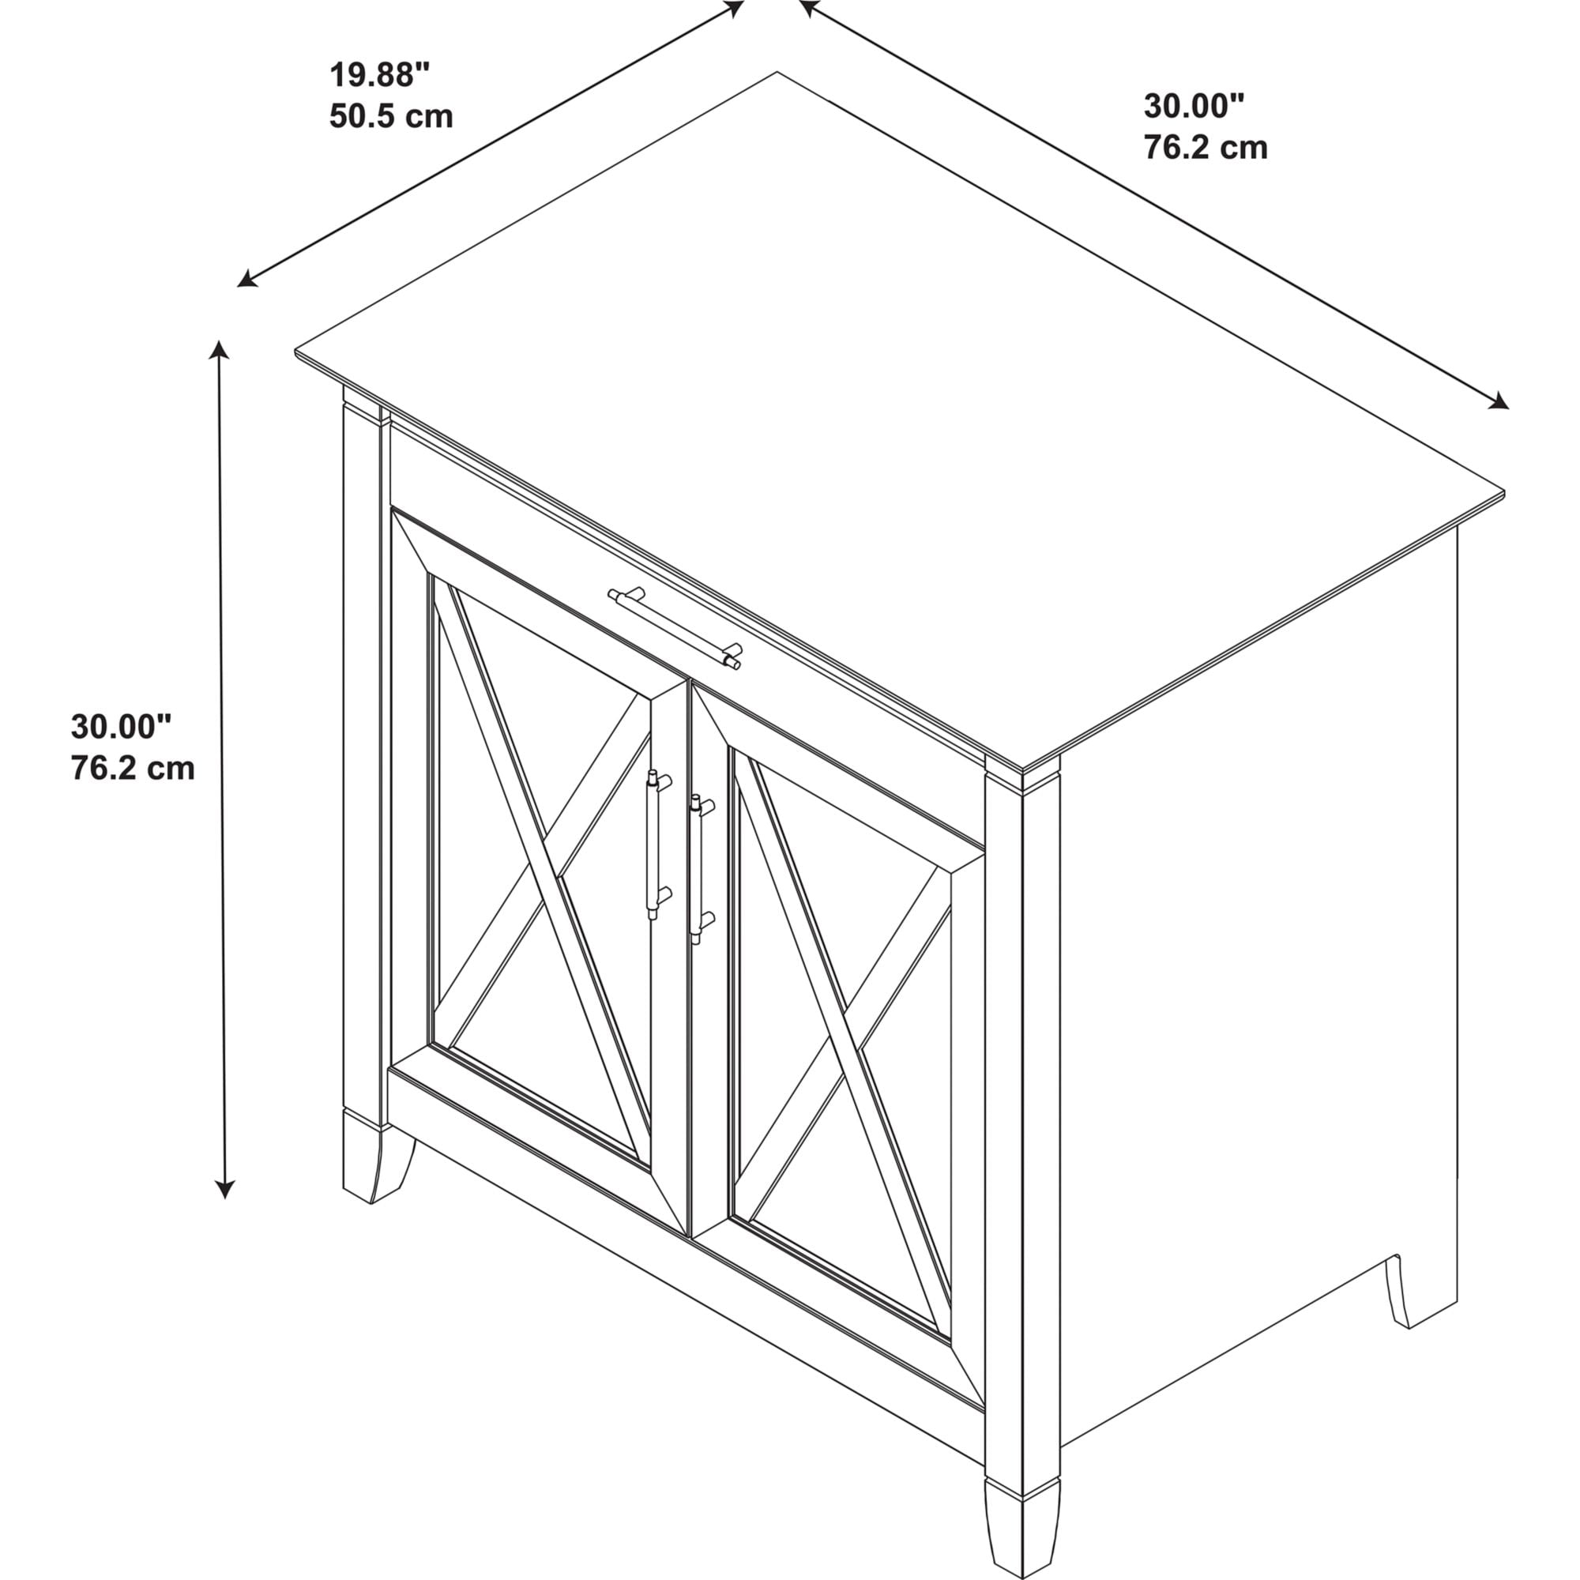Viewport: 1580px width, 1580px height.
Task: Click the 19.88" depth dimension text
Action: pyautogui.click(x=379, y=75)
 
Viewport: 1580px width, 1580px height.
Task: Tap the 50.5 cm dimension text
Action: pyautogui.click(x=391, y=116)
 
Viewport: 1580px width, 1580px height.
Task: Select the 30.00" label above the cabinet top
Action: pyautogui.click(x=1193, y=107)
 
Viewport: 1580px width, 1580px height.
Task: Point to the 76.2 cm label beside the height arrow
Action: pyautogui.click(x=133, y=768)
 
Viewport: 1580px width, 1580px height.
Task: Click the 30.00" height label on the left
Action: pyautogui.click(x=121, y=726)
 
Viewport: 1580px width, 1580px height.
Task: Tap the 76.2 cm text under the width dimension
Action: pyautogui.click(x=1206, y=147)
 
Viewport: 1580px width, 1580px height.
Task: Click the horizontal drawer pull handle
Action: pyautogui.click(x=675, y=628)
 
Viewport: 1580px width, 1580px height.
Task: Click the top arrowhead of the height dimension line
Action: pyautogui.click(x=217, y=349)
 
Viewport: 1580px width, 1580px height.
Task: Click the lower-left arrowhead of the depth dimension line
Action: pyautogui.click(x=246, y=280)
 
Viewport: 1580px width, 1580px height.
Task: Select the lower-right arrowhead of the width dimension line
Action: pyautogui.click(x=1498, y=400)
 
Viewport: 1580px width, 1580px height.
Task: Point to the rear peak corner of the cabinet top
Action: pyautogui.click(x=776, y=73)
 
